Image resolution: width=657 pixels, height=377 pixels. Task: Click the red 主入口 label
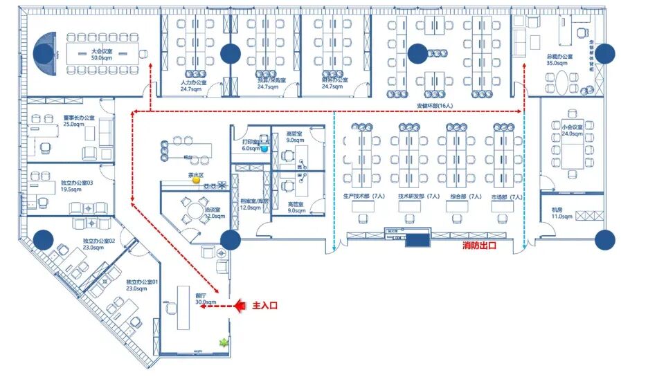pos(264,305)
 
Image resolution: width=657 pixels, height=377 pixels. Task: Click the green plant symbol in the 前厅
pos(224,342)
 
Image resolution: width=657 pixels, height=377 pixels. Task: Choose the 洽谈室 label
pos(213,212)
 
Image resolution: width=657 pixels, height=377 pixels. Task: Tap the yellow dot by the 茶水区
pos(197,181)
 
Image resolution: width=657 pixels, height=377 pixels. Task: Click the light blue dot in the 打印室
pos(264,149)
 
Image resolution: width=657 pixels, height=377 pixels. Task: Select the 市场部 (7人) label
pos(507,196)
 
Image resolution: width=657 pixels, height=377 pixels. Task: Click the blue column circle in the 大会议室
pos(44,52)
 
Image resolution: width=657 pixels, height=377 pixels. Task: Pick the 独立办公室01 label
pos(142,285)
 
